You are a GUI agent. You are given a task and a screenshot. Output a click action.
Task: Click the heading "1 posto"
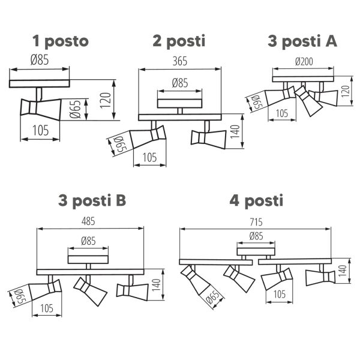pos(61,41)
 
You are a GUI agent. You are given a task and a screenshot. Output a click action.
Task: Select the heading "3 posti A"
pos(302,41)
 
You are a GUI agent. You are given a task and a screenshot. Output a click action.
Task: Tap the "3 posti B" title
pos(92,200)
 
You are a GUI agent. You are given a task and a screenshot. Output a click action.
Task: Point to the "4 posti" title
pos(256,200)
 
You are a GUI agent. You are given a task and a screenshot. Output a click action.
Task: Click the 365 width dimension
pos(180,61)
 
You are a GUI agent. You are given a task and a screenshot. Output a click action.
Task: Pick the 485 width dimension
pos(88,221)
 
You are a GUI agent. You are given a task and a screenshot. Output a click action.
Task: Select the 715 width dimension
pos(256,222)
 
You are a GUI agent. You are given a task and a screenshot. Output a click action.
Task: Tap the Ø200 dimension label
pos(304,62)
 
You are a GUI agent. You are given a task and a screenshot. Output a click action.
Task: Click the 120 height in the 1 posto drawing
pos(106,100)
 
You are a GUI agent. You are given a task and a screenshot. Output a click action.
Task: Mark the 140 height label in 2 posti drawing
pos(235,131)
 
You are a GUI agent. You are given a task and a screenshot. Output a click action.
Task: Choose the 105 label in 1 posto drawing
pos(41,130)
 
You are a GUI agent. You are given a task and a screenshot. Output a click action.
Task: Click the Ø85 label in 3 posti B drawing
pos(88,241)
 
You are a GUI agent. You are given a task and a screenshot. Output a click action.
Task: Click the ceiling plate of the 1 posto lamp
pos(39,83)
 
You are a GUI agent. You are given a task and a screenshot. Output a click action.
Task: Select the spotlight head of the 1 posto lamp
pos(41,109)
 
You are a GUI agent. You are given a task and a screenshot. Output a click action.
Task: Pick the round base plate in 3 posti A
pos(303,79)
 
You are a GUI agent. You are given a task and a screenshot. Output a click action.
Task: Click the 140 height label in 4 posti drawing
pos(342,271)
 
